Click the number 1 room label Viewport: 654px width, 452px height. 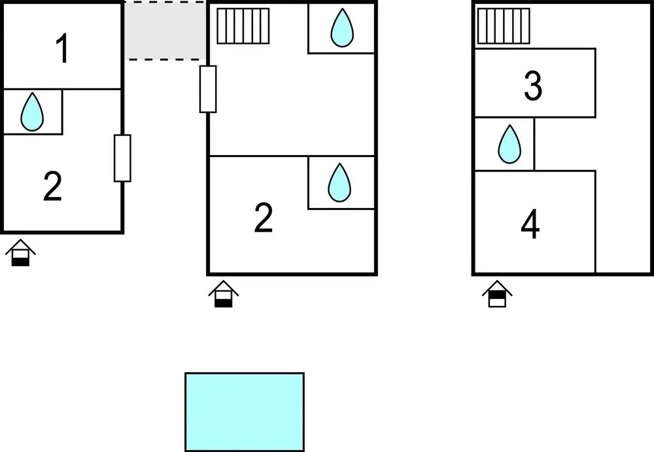[x=63, y=49]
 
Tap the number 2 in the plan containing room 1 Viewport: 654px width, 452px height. [x=53, y=186]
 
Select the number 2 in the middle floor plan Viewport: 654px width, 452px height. [x=264, y=217]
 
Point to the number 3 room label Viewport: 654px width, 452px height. [x=533, y=86]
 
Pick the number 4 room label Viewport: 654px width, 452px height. [x=530, y=224]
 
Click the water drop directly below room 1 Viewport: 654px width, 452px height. [x=31, y=112]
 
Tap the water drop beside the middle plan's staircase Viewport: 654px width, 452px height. [x=342, y=27]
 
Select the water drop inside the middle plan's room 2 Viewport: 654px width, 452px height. [x=339, y=183]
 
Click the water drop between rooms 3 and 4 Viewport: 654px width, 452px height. [x=509, y=144]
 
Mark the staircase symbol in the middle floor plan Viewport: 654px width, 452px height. [x=243, y=26]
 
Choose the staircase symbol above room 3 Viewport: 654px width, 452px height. [x=504, y=26]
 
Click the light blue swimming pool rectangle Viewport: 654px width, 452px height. [x=245, y=412]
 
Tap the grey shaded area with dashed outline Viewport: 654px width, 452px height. [x=165, y=31]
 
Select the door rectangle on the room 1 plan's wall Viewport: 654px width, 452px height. [x=122, y=158]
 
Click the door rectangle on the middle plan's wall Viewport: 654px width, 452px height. [x=208, y=89]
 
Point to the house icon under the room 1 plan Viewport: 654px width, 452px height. [x=20, y=252]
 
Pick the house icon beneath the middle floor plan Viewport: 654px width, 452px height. [x=224, y=294]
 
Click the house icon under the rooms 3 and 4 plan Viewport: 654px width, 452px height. [x=497, y=294]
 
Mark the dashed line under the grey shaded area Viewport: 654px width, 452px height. [x=165, y=60]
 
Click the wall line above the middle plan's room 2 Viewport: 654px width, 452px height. [x=292, y=156]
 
